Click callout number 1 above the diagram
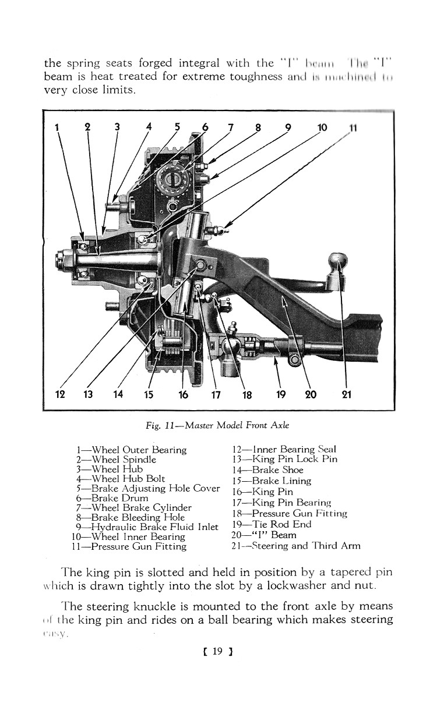tap(57, 127)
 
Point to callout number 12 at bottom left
tap(59, 394)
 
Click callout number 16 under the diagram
tap(184, 394)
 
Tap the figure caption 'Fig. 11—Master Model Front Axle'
tap(218, 425)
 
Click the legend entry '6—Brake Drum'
tap(112, 498)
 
